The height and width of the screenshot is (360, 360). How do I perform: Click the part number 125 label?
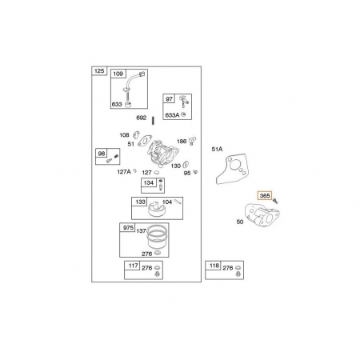pyautogui.click(x=99, y=71)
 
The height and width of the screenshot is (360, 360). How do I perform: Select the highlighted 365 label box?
pyautogui.click(x=265, y=196)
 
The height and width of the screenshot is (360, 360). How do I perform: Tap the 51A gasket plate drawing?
pyautogui.click(x=234, y=168)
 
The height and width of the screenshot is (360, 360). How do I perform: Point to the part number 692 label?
pyautogui.click(x=142, y=118)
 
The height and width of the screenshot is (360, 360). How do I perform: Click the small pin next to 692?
pyautogui.click(x=153, y=120)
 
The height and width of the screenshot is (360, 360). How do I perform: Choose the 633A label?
pyautogui.click(x=172, y=115)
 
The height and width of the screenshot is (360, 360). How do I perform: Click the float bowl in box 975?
pyautogui.click(x=157, y=237)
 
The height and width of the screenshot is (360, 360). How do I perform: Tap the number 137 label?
pyautogui.click(x=141, y=230)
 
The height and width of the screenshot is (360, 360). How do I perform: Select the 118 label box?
pyautogui.click(x=214, y=266)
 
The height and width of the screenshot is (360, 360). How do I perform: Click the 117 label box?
pyautogui.click(x=133, y=266)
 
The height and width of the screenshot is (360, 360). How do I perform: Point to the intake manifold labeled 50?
pyautogui.click(x=262, y=214)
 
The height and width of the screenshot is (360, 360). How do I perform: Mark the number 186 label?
pyautogui.click(x=182, y=142)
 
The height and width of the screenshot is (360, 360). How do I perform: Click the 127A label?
pyautogui.click(x=124, y=172)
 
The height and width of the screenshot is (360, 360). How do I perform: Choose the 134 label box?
pyautogui.click(x=149, y=183)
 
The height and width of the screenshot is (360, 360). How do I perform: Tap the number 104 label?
pyautogui.click(x=167, y=202)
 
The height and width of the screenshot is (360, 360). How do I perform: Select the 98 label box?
pyautogui.click(x=102, y=154)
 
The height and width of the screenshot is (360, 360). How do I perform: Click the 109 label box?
pyautogui.click(x=118, y=74)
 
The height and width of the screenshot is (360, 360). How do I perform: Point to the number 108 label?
pyautogui.click(x=124, y=135)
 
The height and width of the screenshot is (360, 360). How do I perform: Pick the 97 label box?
pyautogui.click(x=169, y=99)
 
